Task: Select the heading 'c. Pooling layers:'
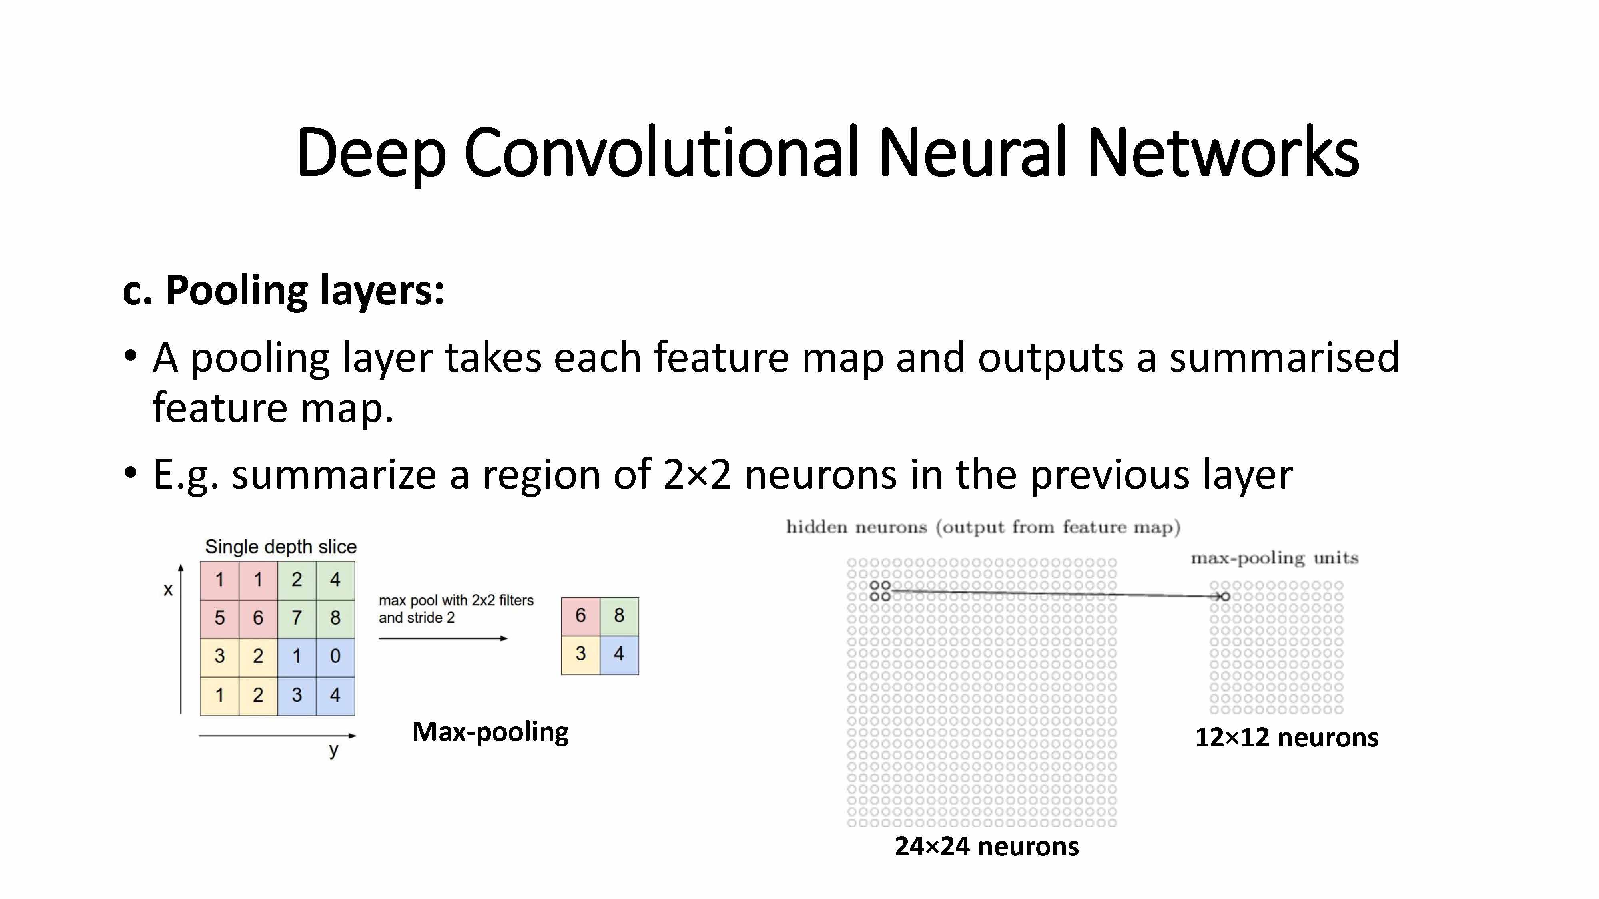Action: [283, 290]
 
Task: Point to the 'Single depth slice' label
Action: [281, 547]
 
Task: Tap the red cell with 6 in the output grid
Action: [580, 615]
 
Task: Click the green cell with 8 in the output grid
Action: [619, 615]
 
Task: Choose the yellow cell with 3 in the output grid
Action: [580, 654]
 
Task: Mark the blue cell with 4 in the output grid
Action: [619, 654]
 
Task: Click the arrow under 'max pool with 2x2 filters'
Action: [443, 638]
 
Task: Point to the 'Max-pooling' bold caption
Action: [490, 732]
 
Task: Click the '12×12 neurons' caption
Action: [1286, 738]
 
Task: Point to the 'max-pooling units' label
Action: [1274, 559]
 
